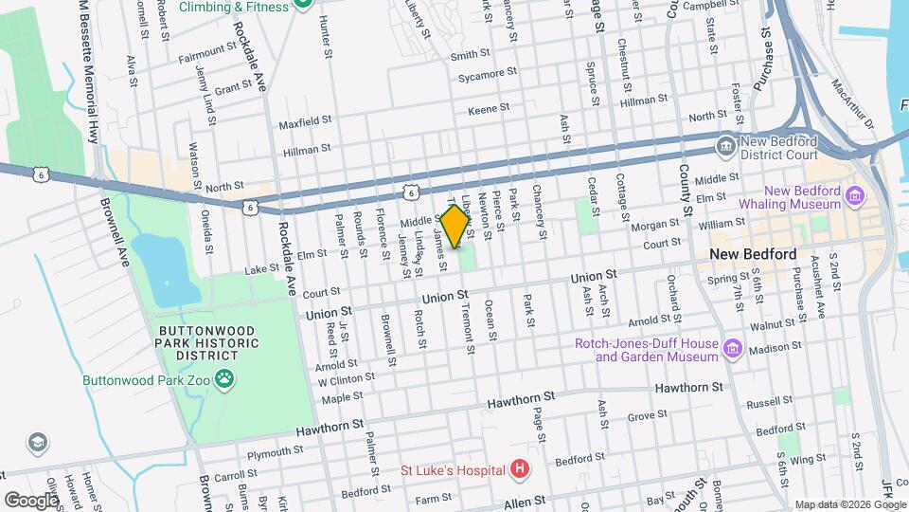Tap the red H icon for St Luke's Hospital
point(519,468)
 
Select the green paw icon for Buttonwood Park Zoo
point(224,381)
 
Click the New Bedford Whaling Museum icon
point(856,197)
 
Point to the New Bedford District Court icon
point(726,146)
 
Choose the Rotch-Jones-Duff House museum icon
point(732,350)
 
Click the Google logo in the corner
point(32,500)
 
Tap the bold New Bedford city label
point(753,255)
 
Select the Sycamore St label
point(488,73)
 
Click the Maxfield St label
point(305,123)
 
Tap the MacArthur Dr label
point(852,105)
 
